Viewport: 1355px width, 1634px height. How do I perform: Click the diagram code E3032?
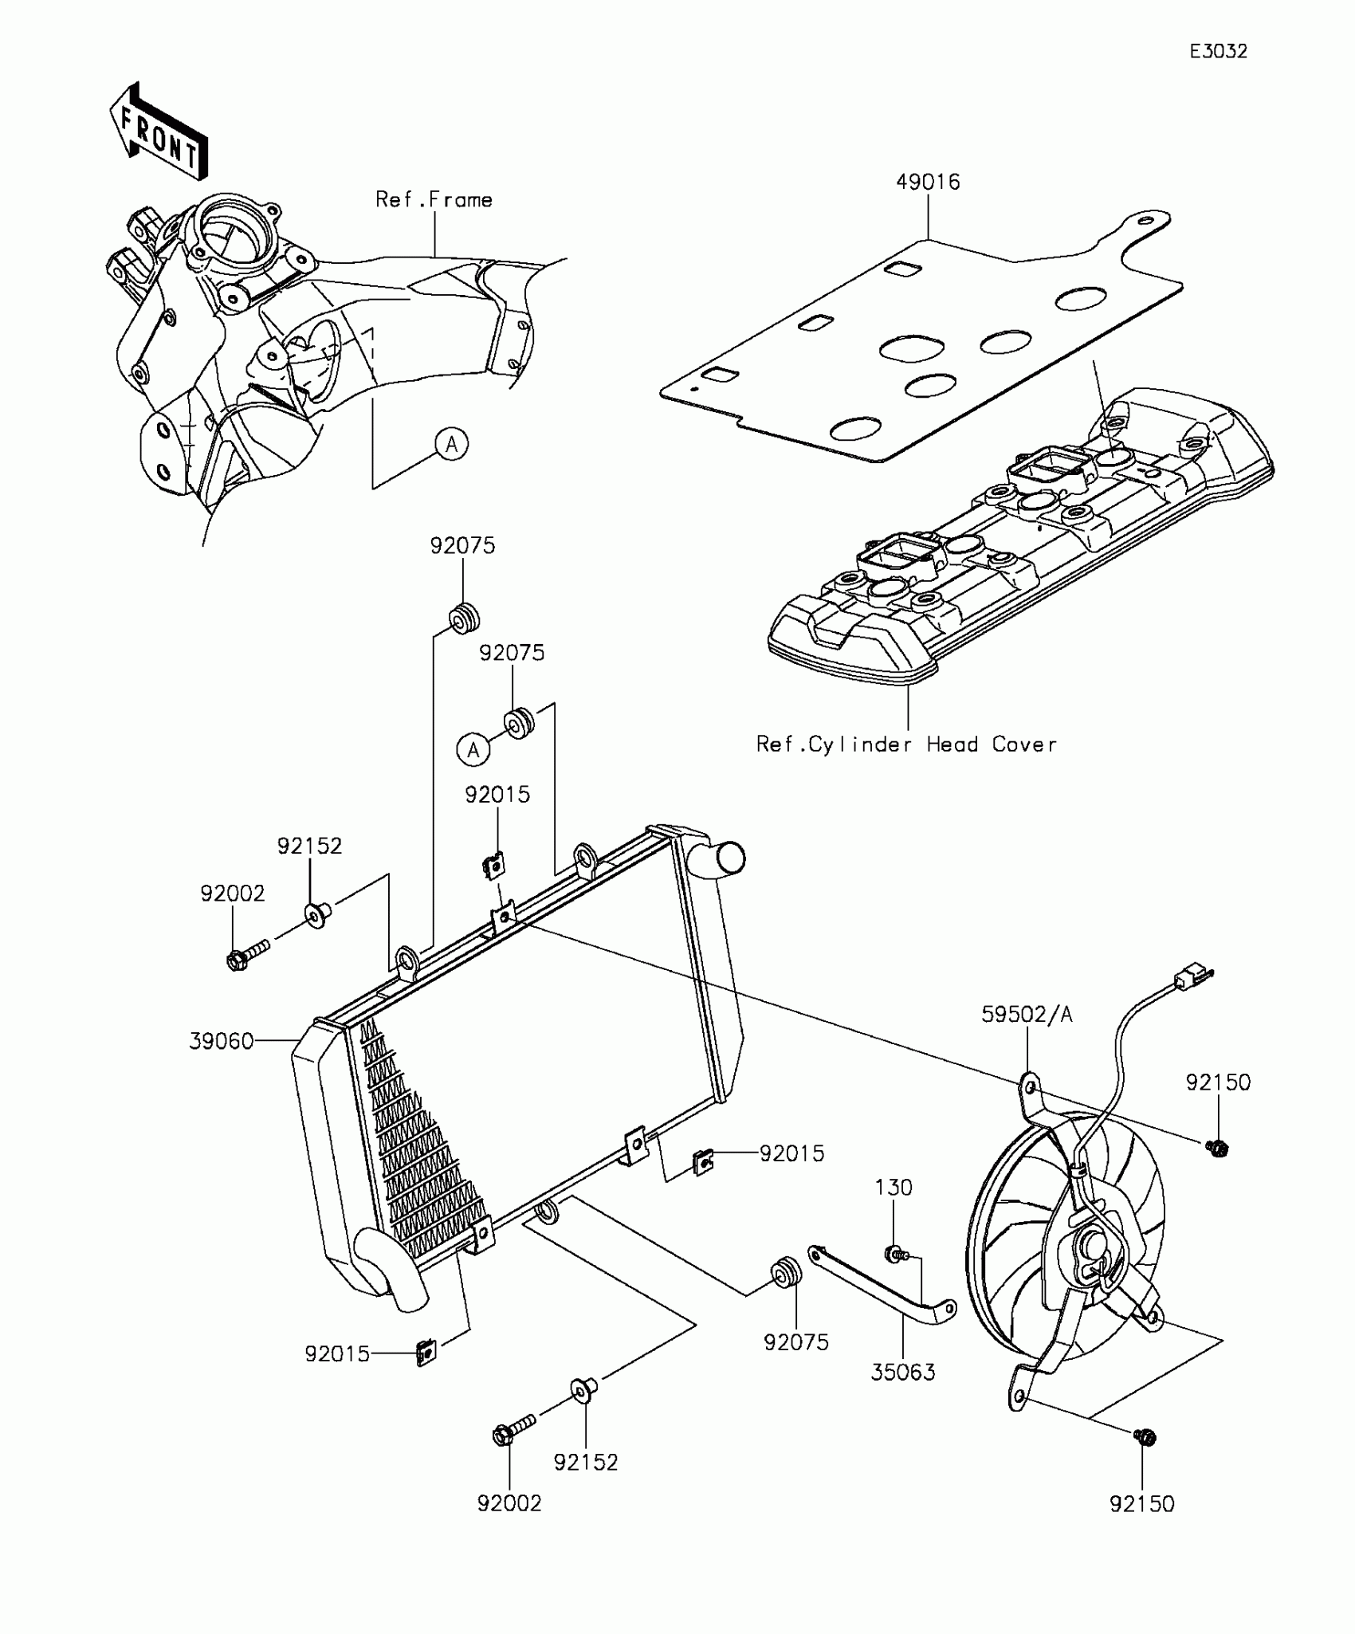coord(1218,52)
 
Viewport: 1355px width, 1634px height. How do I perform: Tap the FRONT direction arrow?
coord(159,132)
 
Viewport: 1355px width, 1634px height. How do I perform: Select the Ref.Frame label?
coord(434,199)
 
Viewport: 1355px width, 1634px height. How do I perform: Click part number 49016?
coord(928,183)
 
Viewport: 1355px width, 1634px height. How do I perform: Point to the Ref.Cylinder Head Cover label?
coord(906,744)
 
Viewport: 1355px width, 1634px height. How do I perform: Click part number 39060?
coord(221,1041)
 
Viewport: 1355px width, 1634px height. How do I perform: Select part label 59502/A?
coord(1027,1015)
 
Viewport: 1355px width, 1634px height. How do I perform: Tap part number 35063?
coord(903,1373)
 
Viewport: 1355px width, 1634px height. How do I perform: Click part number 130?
coord(894,1210)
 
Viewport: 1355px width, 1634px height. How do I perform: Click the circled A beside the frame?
coord(452,444)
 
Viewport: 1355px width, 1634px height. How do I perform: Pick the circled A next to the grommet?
coord(473,750)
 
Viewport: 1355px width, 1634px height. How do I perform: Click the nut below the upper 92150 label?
coord(1217,1148)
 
